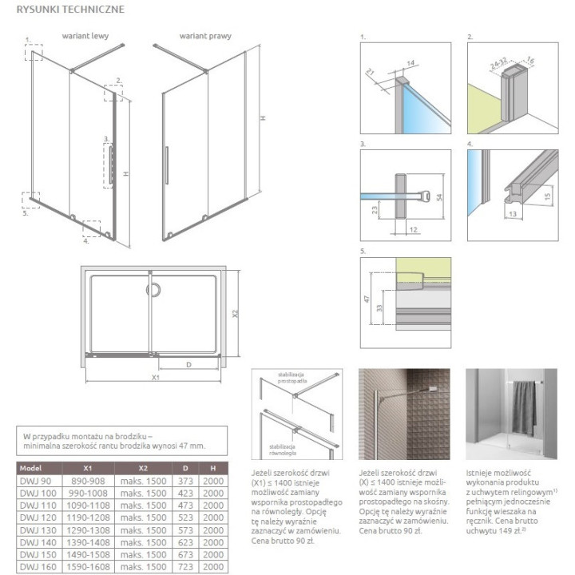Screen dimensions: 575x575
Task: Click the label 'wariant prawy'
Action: point(199,37)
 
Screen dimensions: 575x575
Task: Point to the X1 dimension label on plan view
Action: point(156,377)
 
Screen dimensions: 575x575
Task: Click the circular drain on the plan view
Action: point(151,291)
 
